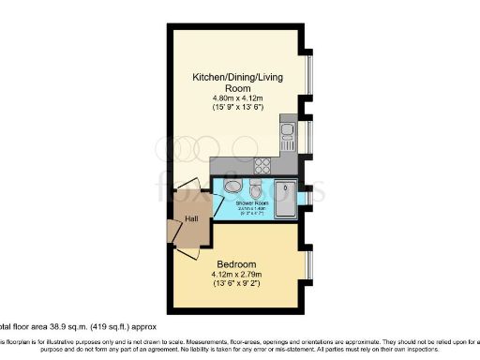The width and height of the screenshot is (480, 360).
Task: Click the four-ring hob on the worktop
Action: [263, 165]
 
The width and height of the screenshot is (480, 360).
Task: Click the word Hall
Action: [191, 219]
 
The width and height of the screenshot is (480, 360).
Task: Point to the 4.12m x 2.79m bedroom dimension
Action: [237, 276]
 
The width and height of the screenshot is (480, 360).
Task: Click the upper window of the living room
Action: [308, 75]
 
